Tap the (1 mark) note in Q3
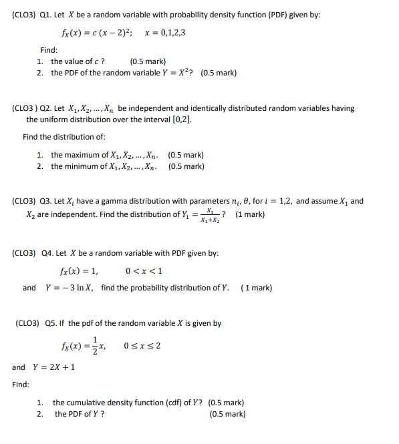[251, 214]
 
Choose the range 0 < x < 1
[144, 270]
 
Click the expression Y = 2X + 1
[56, 367]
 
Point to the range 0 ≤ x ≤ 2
[142, 346]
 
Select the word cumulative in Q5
[88, 403]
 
